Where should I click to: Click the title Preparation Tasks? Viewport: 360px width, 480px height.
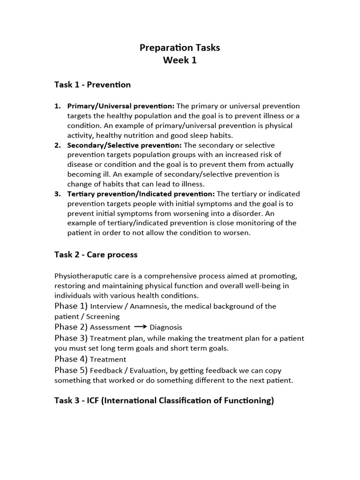pyautogui.click(x=180, y=48)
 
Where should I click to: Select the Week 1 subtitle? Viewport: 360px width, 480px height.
pyautogui.click(x=180, y=60)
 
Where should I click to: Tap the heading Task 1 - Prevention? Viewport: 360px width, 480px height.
pyautogui.click(x=93, y=85)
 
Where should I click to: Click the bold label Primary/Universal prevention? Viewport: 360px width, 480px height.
pyautogui.click(x=121, y=106)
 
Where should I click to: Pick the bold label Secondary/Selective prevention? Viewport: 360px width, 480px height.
pyautogui.click(x=125, y=145)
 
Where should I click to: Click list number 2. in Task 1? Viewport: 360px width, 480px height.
pyautogui.click(x=58, y=145)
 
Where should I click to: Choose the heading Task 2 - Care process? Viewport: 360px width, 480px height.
pyautogui.click(x=96, y=255)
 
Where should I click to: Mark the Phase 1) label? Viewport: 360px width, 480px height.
pyautogui.click(x=71, y=306)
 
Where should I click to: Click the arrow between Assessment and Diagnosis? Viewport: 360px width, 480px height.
pyautogui.click(x=140, y=327)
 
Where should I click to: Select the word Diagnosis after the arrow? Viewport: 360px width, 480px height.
pyautogui.click(x=166, y=328)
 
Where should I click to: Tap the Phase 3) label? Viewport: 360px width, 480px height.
pyautogui.click(x=71, y=338)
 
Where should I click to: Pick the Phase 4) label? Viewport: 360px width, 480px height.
pyautogui.click(x=71, y=359)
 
